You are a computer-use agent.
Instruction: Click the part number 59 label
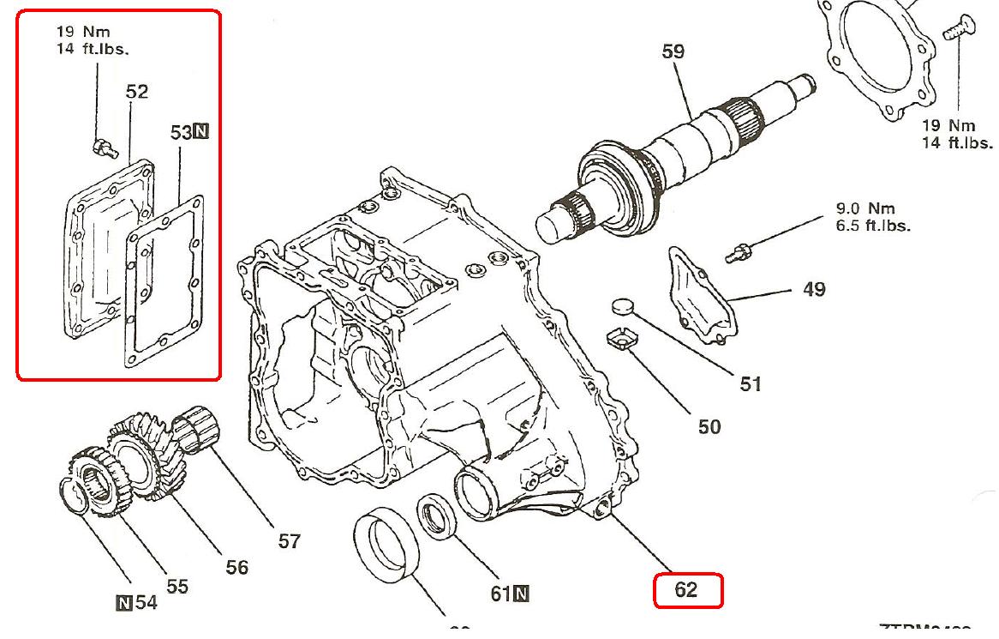point(673,51)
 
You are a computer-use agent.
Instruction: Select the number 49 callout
point(814,289)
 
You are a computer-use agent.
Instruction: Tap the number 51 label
point(751,384)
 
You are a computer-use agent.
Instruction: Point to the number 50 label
point(709,426)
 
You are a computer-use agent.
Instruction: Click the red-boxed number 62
point(687,590)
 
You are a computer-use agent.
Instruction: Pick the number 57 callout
point(290,541)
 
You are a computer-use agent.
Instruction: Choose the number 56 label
point(236,567)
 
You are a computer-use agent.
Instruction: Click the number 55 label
point(176,586)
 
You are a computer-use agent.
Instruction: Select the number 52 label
point(137,91)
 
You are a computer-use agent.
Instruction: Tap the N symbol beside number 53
point(200,132)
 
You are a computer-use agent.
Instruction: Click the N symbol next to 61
point(521,593)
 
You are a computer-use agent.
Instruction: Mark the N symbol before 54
point(123,603)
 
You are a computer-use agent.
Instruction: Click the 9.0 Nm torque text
point(872,208)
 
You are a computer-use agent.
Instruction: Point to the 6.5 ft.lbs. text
point(874,226)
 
